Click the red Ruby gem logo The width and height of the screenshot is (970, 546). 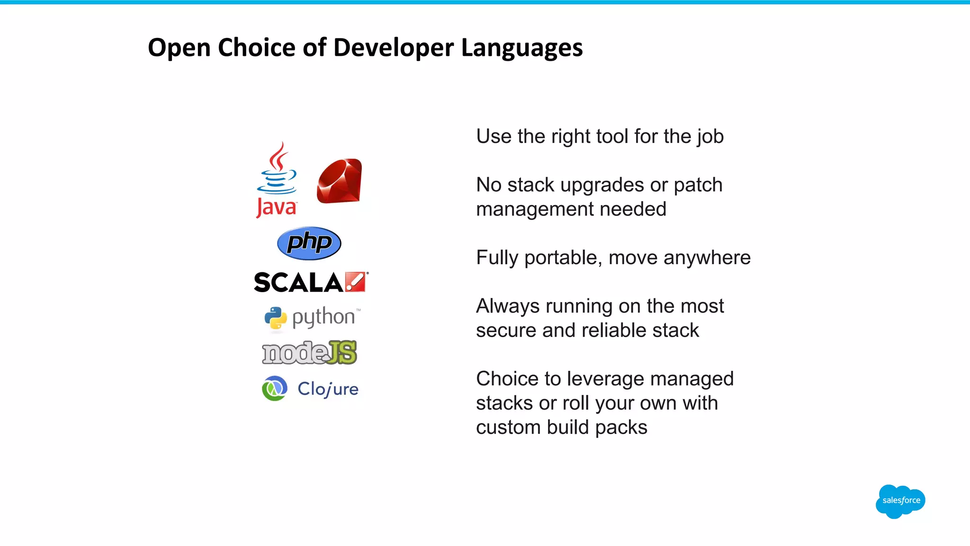click(340, 181)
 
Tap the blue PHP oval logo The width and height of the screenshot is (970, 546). click(309, 243)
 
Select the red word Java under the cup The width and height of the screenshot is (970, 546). click(277, 207)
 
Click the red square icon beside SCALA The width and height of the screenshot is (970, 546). click(356, 282)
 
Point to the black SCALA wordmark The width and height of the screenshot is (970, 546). click(298, 283)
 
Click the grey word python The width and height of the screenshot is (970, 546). click(323, 317)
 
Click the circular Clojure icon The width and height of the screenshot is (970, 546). click(275, 388)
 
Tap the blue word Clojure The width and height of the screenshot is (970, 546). click(328, 389)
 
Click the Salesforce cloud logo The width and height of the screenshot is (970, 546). click(900, 501)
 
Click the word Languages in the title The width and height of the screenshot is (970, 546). click(521, 48)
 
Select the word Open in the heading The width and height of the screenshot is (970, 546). click(179, 48)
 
